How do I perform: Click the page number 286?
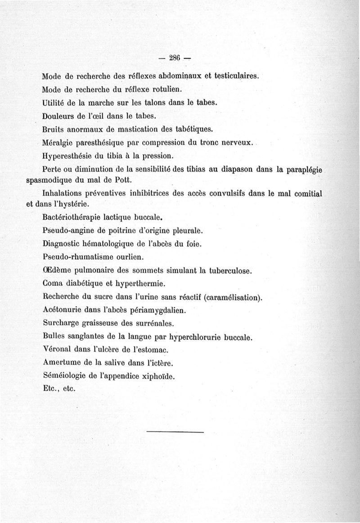point(174,57)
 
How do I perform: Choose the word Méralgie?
point(57,143)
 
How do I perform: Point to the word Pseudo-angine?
point(65,231)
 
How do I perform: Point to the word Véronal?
point(56,349)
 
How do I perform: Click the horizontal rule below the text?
point(175,433)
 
